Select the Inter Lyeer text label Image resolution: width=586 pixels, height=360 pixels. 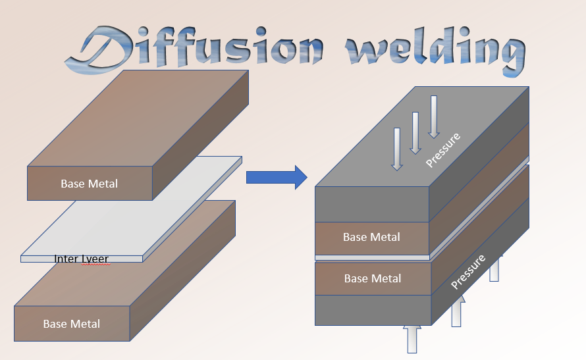(x=81, y=259)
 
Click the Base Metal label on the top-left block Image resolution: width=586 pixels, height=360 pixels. (x=90, y=184)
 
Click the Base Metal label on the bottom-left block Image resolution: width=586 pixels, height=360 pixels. (x=72, y=324)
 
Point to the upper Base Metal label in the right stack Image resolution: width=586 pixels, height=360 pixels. (x=371, y=237)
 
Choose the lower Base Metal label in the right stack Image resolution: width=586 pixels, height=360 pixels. (x=373, y=278)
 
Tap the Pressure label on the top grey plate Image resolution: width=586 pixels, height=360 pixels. (x=442, y=149)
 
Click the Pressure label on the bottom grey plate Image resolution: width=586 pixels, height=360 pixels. (x=468, y=272)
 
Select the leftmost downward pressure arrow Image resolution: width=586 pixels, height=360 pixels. (x=396, y=149)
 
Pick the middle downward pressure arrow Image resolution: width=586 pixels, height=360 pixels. (x=415, y=132)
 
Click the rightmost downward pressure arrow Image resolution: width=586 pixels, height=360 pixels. (x=433, y=116)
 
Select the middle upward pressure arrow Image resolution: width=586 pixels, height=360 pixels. (x=456, y=311)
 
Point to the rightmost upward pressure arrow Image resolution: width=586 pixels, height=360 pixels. (x=494, y=268)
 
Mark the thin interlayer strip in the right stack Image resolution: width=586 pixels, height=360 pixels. (x=372, y=257)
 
